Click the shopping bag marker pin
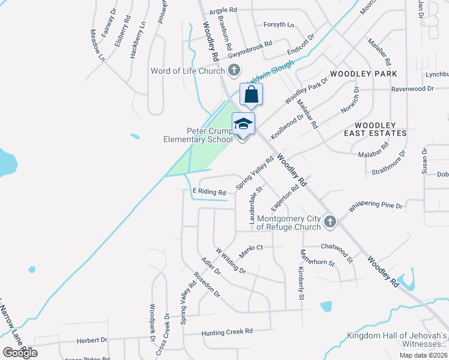tap(252, 95)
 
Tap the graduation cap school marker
tap(243, 124)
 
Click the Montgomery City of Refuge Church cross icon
tap(330, 223)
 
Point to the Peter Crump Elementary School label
tap(198, 135)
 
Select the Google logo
tap(20, 352)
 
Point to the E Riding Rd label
tap(208, 192)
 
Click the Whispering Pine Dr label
tap(376, 205)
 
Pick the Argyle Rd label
tap(223, 11)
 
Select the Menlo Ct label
tap(252, 248)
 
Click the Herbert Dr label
tap(92, 340)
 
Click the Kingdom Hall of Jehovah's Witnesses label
tap(397, 340)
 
